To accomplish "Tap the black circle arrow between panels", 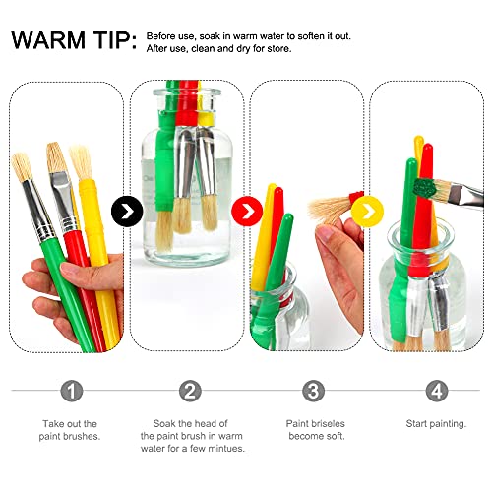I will [x=126, y=210].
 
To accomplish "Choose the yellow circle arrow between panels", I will [x=366, y=210].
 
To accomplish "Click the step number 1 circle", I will [x=70, y=391].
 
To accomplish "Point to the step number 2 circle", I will [x=190, y=391].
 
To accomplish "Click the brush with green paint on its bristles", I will [x=424, y=187].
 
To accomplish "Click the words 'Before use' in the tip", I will [x=168, y=35].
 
